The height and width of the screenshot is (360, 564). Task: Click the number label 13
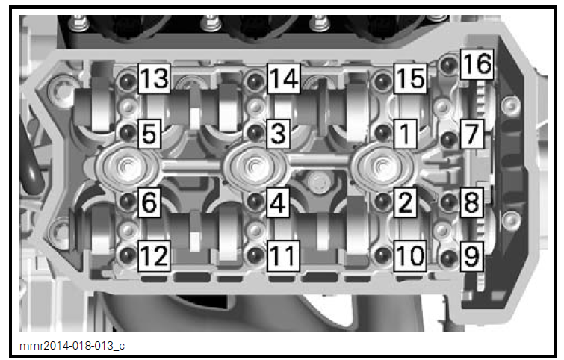point(153,77)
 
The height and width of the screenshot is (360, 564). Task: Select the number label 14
point(283,77)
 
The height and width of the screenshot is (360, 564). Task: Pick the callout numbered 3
point(277,134)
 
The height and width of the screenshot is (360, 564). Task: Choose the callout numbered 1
point(404,134)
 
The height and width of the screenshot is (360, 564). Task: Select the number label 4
point(277,202)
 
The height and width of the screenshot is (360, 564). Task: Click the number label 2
point(404,202)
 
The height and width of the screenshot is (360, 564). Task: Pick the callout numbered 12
point(153,256)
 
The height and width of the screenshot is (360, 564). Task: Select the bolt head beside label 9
point(448,258)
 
